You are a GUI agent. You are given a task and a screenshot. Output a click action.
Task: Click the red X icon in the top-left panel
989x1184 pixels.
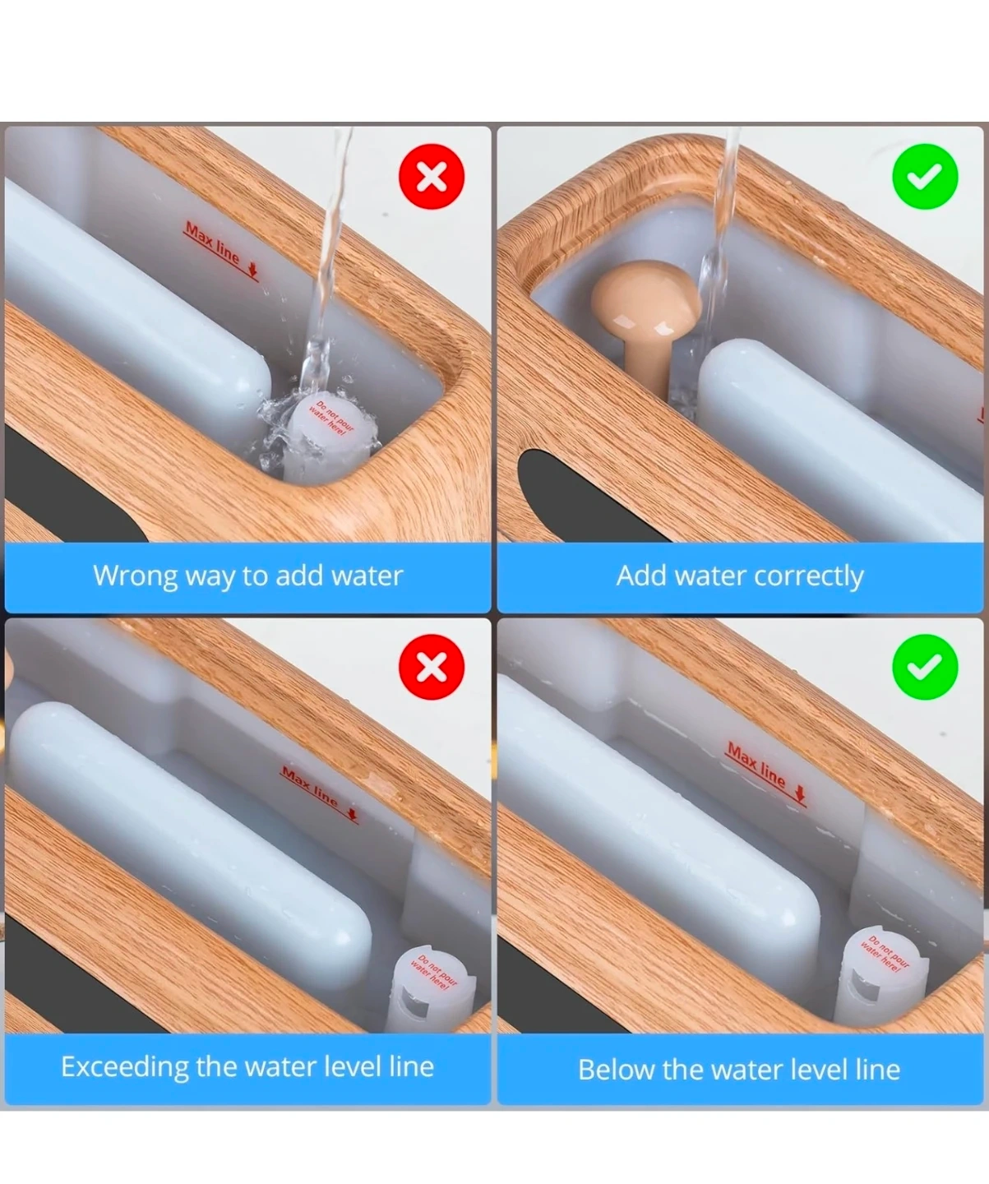[x=432, y=176]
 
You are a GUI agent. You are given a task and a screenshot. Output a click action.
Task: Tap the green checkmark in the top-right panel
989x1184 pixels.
[x=925, y=176]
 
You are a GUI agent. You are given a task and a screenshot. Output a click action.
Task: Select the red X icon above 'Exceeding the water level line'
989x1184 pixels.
[x=432, y=667]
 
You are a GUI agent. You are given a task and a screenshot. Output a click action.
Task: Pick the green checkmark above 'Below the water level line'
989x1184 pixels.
[x=925, y=667]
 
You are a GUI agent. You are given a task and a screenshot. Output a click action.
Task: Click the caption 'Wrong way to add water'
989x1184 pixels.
[x=247, y=576]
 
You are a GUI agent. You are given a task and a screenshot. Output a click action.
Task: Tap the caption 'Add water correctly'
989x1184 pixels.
[x=740, y=576]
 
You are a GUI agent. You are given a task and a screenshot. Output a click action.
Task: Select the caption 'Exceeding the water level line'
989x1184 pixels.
[x=247, y=1066]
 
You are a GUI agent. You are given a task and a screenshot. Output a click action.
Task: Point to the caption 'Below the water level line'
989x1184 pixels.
[x=739, y=1070]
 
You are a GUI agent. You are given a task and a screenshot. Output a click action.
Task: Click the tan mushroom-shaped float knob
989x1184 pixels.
[x=646, y=317]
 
